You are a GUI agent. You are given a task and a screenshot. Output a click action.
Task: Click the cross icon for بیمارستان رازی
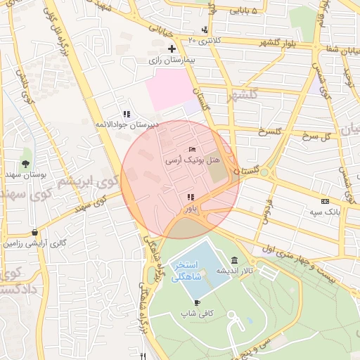click(171, 49)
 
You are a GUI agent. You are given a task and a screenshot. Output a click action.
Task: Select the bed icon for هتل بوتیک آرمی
click(193, 149)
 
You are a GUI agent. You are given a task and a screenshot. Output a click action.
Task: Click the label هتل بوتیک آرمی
click(184, 160)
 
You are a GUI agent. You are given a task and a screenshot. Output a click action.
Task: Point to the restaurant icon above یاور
click(191, 197)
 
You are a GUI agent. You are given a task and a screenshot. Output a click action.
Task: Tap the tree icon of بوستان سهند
click(25, 163)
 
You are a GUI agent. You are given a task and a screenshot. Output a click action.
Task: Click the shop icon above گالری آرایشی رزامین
click(34, 232)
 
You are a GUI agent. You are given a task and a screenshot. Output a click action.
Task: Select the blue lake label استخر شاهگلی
click(187, 271)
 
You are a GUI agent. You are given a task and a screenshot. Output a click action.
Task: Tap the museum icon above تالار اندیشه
click(233, 261)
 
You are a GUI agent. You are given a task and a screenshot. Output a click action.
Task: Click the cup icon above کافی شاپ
click(196, 302)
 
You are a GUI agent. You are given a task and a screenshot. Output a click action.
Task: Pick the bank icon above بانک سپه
click(324, 200)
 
